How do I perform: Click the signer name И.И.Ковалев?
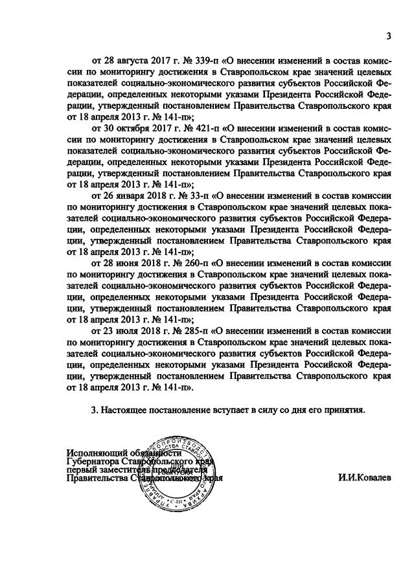pyautogui.click(x=365, y=479)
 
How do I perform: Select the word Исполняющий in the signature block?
pyautogui.click(x=95, y=453)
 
